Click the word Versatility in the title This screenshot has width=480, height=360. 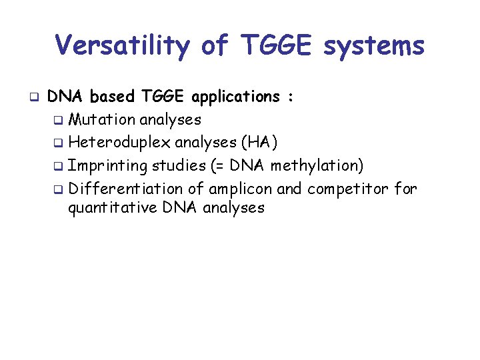pyautogui.click(x=121, y=46)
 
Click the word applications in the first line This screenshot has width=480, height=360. pyautogui.click(x=235, y=97)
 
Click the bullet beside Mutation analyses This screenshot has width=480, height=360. pyautogui.click(x=59, y=121)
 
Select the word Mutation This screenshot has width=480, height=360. pyautogui.click(x=102, y=120)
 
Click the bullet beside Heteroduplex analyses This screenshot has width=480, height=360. pyautogui.click(x=59, y=143)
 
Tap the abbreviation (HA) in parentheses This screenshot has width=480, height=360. pyautogui.click(x=259, y=143)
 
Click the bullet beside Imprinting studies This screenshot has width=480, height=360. pyautogui.click(x=59, y=165)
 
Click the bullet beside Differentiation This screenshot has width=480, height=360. pyautogui.click(x=59, y=190)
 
